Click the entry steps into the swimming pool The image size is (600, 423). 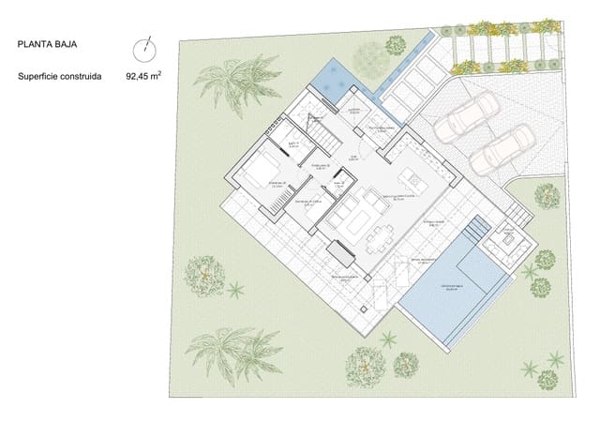pyautogui.click(x=478, y=230)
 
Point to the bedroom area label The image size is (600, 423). pyautogui.click(x=276, y=183)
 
